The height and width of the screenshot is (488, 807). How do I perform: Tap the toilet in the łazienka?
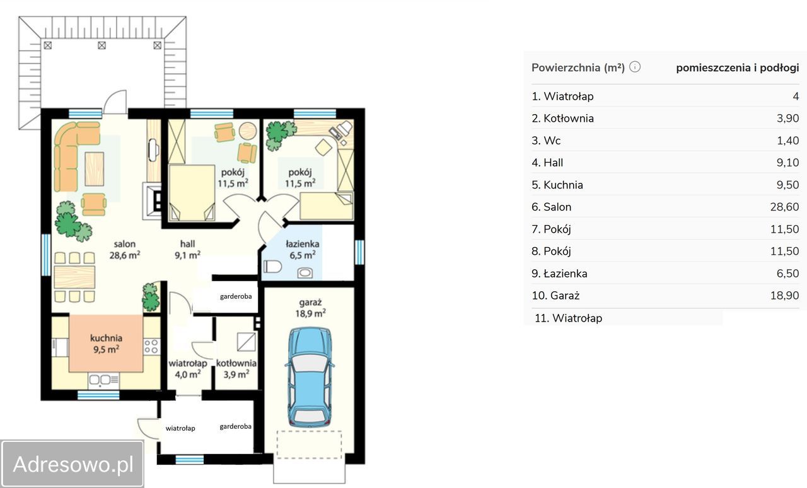pyautogui.click(x=272, y=267)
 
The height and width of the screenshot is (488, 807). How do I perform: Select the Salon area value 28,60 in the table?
pyautogui.click(x=784, y=207)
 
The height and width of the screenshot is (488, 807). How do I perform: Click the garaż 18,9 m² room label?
pyautogui.click(x=310, y=308)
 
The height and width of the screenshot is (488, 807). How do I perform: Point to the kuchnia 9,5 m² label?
pyautogui.click(x=107, y=344)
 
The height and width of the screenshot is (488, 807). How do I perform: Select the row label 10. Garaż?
pyautogui.click(x=555, y=296)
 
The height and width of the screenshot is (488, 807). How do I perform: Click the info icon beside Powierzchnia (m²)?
pyautogui.click(x=635, y=67)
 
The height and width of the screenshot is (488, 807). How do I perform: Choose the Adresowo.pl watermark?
pyautogui.click(x=73, y=464)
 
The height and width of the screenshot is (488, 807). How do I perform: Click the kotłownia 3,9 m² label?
pyautogui.click(x=236, y=369)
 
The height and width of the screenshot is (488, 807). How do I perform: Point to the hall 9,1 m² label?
pyautogui.click(x=187, y=250)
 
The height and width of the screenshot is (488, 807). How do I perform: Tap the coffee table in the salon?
pyautogui.click(x=95, y=169)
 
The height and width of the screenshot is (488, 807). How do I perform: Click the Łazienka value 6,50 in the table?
pyautogui.click(x=787, y=273)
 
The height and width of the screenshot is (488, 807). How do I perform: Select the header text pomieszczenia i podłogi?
pyautogui.click(x=738, y=67)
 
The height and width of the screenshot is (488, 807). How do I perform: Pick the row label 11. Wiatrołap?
pyautogui.click(x=568, y=318)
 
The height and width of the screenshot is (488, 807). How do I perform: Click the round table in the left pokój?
pyautogui.click(x=248, y=131)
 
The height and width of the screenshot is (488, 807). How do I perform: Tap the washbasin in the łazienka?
pyautogui.click(x=305, y=273)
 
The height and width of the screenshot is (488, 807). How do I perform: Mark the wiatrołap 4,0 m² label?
pyautogui.click(x=188, y=369)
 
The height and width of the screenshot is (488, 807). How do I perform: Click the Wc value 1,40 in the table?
pyautogui.click(x=788, y=140)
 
